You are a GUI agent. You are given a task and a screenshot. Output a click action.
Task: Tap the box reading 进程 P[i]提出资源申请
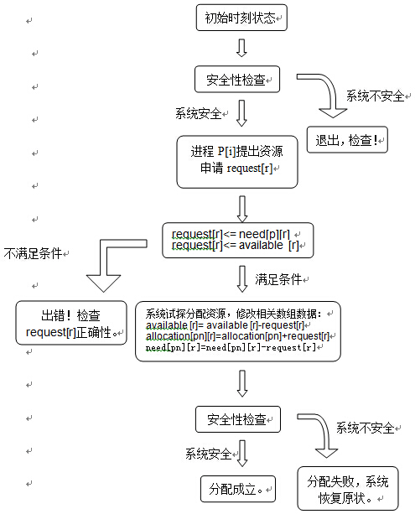coord(237,160)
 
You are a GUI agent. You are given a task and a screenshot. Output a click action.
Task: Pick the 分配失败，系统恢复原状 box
coord(348,489)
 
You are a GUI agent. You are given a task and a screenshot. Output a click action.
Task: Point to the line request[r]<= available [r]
coord(235,245)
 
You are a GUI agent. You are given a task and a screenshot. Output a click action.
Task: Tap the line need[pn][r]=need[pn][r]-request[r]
coord(231,347)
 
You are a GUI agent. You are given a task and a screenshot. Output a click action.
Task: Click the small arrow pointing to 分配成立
coord(242,454)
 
